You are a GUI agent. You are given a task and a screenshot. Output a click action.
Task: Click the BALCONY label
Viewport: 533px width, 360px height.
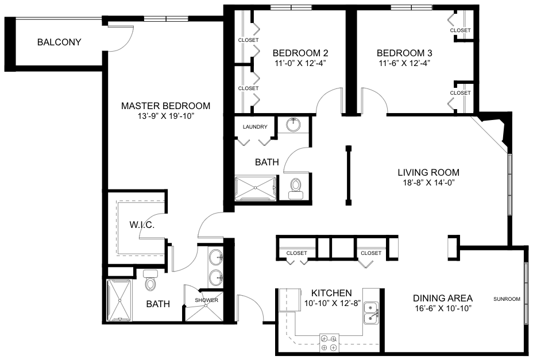(59, 42)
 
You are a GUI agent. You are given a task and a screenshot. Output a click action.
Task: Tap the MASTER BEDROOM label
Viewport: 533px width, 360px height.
(165, 106)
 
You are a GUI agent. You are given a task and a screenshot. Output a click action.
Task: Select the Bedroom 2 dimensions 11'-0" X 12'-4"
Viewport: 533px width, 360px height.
(300, 63)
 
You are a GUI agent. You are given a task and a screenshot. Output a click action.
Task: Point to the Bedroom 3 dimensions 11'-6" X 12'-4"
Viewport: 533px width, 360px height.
(404, 63)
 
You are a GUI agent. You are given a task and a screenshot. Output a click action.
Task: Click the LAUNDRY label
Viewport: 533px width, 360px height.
(255, 127)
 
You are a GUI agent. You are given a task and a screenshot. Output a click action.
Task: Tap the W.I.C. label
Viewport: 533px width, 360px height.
(142, 224)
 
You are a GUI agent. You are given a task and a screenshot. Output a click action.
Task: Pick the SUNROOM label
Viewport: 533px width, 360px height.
(507, 299)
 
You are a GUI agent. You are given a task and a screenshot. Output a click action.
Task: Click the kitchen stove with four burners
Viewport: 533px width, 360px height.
(329, 343)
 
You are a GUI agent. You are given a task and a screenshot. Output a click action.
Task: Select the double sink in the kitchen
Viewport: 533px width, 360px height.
(371, 313)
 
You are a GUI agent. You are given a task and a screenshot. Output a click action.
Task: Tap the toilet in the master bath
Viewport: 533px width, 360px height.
(149, 280)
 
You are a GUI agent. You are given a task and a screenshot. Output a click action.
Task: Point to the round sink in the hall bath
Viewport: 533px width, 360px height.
(293, 125)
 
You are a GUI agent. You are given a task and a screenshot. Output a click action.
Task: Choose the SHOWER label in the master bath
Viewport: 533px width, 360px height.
(206, 300)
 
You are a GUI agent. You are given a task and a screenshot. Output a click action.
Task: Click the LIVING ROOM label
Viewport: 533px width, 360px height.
(428, 172)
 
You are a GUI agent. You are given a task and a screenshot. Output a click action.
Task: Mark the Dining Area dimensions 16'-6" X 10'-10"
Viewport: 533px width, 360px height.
(443, 309)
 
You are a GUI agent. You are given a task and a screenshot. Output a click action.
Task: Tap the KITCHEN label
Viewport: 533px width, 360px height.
(331, 293)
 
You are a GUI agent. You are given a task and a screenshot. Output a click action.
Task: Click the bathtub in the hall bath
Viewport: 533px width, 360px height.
(256, 187)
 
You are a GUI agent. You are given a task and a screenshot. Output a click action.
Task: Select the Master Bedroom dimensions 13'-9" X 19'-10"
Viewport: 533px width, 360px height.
(165, 116)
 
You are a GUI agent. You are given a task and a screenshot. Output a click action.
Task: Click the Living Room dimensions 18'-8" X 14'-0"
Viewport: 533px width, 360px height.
(428, 183)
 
